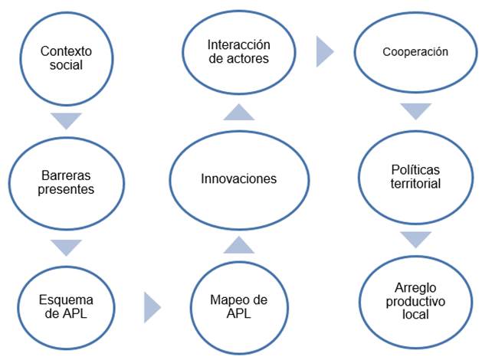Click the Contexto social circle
[x=66, y=58]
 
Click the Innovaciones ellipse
[x=238, y=178]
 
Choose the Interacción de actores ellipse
[x=238, y=52]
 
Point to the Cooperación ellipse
[x=415, y=54]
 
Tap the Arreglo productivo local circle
[x=415, y=301]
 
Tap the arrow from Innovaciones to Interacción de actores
[x=239, y=112]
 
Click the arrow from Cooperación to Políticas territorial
[x=415, y=111]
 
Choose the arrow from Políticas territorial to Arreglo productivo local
[x=415, y=240]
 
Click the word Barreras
[x=65, y=175]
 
